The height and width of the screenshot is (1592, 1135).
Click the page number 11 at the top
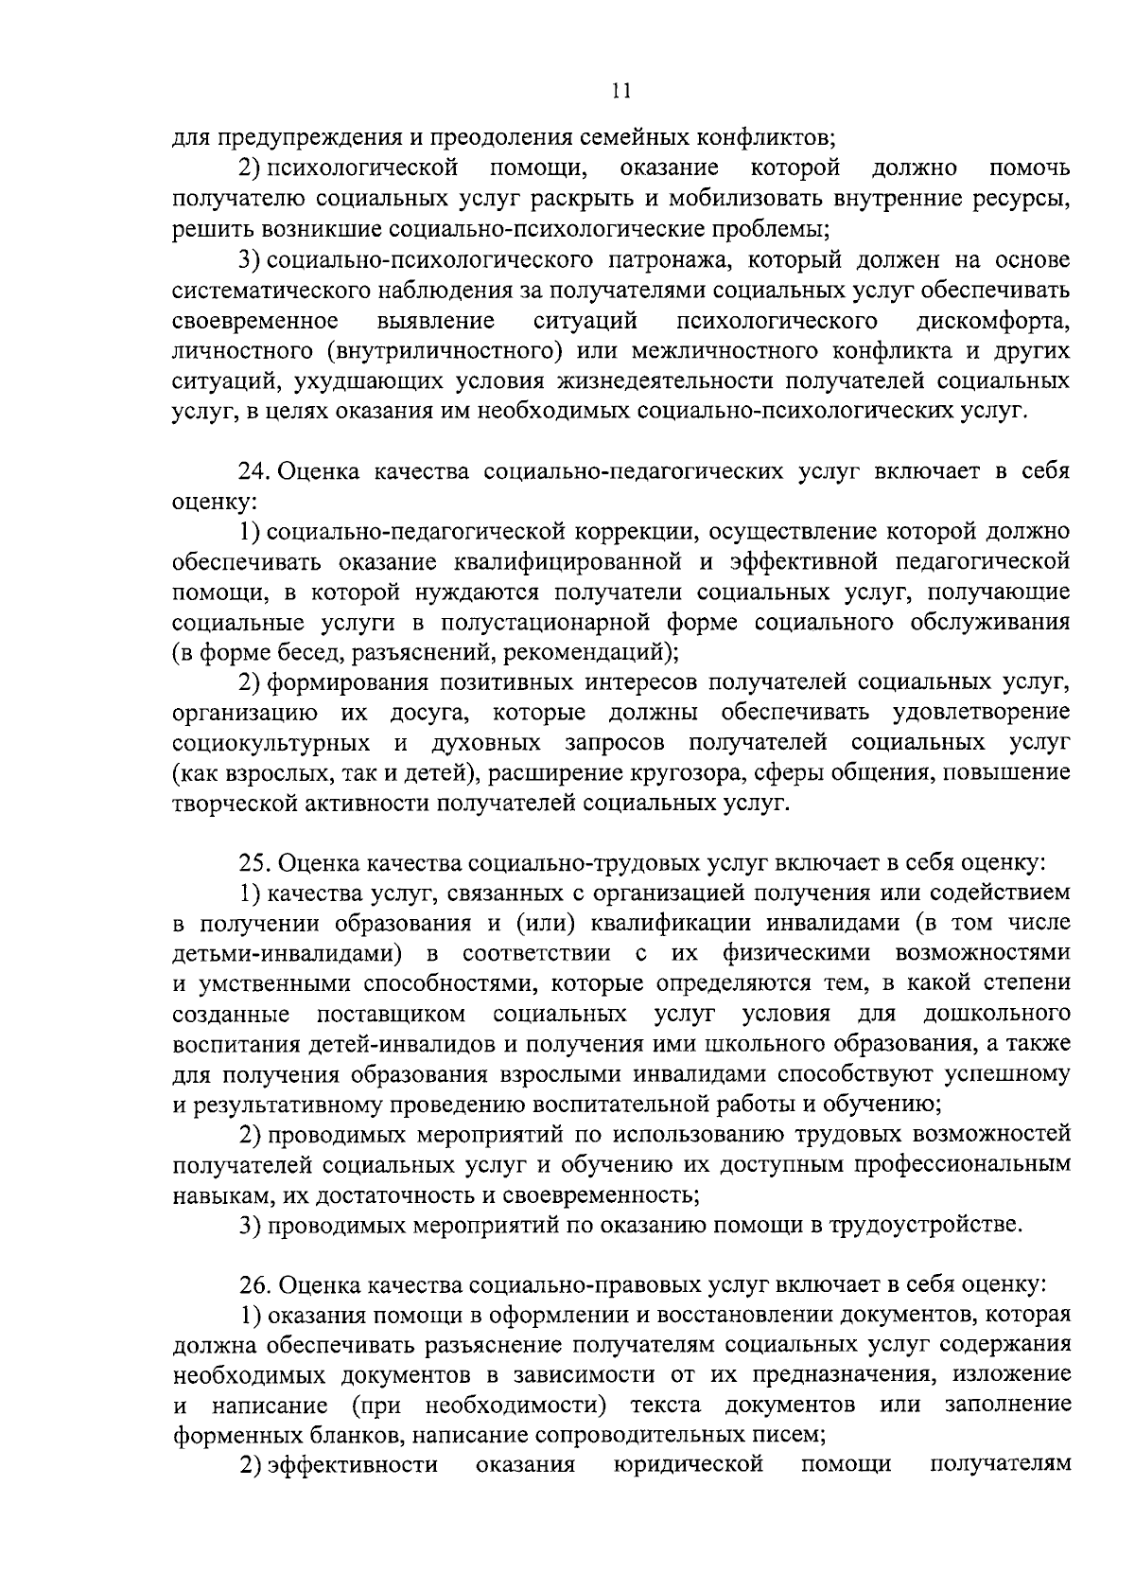click(x=620, y=91)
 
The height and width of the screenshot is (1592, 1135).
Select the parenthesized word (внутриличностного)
click(x=444, y=350)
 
